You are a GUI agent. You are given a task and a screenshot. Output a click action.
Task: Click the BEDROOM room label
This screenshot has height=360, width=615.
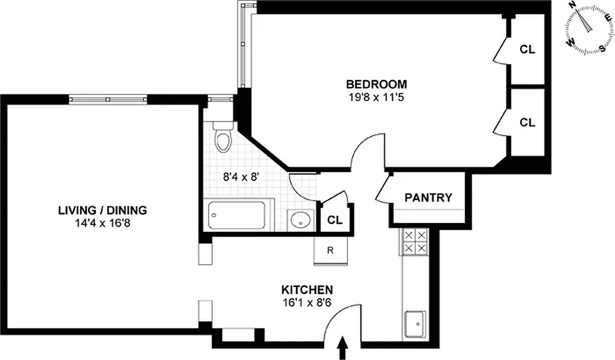click(x=376, y=84)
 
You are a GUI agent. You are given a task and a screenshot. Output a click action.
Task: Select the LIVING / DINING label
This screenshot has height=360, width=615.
click(x=103, y=210)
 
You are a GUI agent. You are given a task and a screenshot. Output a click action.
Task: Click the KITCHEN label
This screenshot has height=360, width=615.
click(x=307, y=289)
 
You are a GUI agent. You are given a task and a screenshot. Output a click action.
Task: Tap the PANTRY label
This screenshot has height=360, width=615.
click(x=428, y=198)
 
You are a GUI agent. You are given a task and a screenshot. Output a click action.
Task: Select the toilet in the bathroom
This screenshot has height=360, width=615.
click(x=222, y=136)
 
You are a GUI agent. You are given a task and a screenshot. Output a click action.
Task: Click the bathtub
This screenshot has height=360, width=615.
click(x=237, y=216)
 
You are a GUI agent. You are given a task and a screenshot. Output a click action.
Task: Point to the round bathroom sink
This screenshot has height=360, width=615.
click(x=299, y=220)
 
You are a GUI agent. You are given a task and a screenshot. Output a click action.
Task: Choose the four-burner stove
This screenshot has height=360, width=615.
click(x=414, y=242)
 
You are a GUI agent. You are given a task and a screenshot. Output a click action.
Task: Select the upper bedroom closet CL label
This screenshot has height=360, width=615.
click(x=527, y=49)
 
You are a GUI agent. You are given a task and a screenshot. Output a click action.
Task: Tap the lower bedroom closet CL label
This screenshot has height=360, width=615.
click(x=527, y=122)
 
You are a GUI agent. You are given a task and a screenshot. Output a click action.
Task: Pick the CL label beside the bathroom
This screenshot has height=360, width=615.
click(x=335, y=220)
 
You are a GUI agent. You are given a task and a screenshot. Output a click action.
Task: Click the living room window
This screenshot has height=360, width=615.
click(x=108, y=99)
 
